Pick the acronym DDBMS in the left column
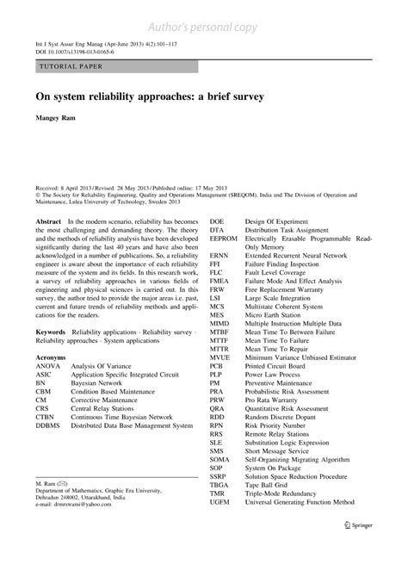pos(50,425)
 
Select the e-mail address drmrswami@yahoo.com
pos(83,527)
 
